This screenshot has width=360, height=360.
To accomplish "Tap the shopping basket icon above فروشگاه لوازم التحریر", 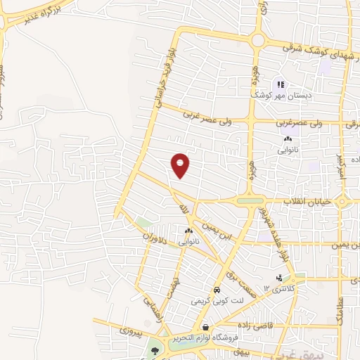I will pyautogui.click(x=205, y=328).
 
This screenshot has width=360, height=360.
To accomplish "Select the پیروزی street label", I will pyautogui.click(x=129, y=329).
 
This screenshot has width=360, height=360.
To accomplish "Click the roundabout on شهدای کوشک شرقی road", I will pyautogui.click(x=257, y=40).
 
